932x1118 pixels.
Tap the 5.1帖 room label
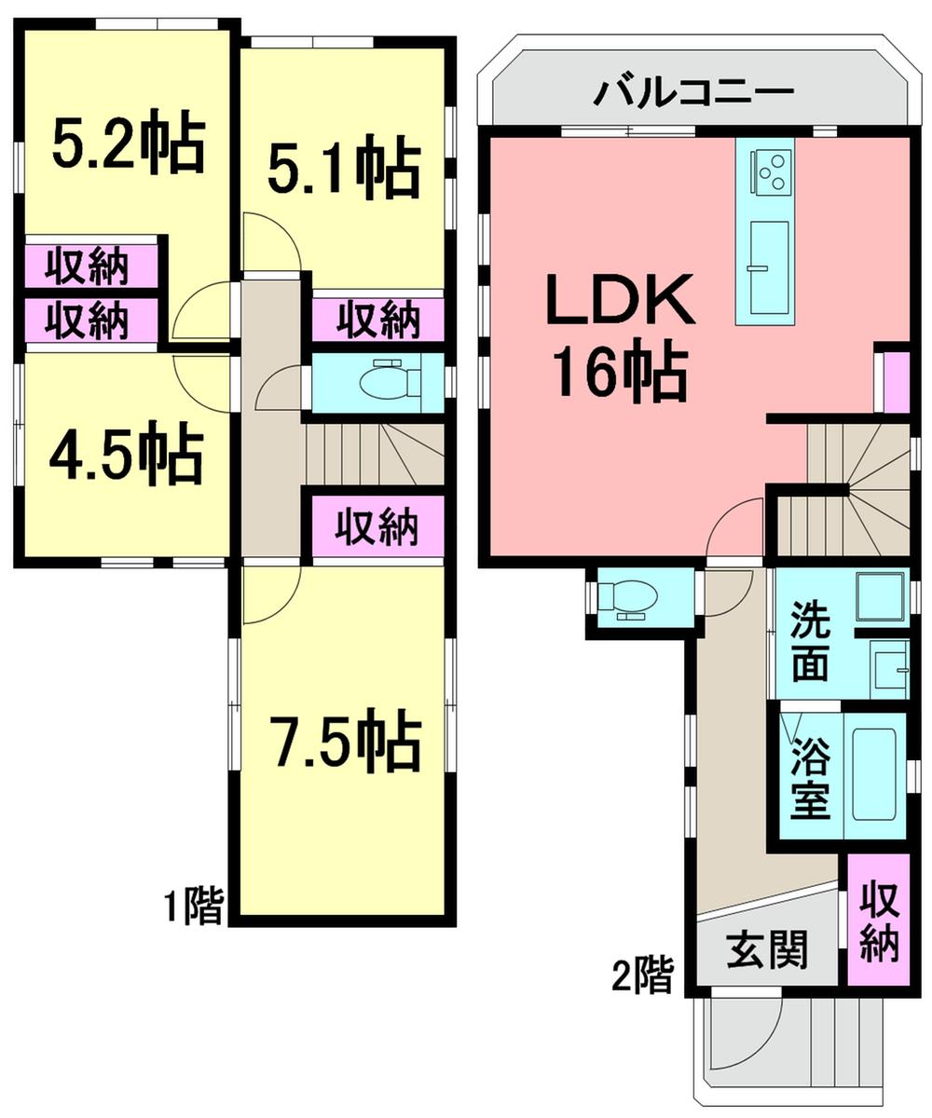pyautogui.click(x=344, y=166)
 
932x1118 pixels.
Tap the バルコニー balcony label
pyautogui.click(x=695, y=92)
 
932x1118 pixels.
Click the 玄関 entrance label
pyautogui.click(x=767, y=952)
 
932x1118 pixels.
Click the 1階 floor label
pyautogui.click(x=195, y=906)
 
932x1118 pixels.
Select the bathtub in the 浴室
pyautogui.click(x=873, y=773)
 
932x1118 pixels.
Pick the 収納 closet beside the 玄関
pyautogui.click(x=878, y=921)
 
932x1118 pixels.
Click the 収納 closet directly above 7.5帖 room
pyautogui.click(x=377, y=528)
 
